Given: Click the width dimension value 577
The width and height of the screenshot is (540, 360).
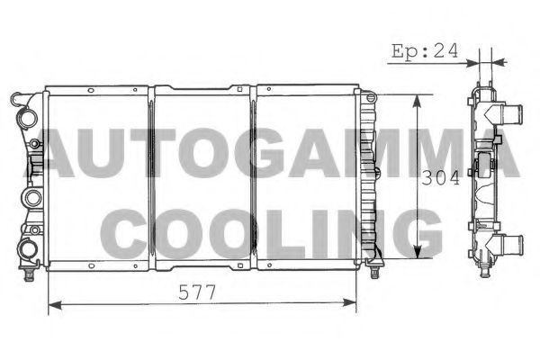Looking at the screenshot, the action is pyautogui.click(x=196, y=292).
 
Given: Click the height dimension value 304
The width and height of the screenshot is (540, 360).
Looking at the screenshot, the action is pyautogui.click(x=440, y=178).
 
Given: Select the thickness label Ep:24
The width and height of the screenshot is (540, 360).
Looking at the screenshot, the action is pyautogui.click(x=425, y=51).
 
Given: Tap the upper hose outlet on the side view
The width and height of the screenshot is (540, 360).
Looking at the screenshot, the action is pyautogui.click(x=509, y=112).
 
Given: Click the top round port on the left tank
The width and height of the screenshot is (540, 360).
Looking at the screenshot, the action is pyautogui.click(x=26, y=118).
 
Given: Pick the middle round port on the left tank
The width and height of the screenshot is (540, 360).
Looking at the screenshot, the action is pyautogui.click(x=32, y=198).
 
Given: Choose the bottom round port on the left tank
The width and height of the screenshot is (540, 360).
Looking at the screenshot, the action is pyautogui.click(x=27, y=248).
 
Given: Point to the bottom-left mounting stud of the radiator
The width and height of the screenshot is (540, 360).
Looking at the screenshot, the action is pyautogui.click(x=29, y=274).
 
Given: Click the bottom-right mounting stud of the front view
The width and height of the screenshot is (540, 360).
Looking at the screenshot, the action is pyautogui.click(x=374, y=272).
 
